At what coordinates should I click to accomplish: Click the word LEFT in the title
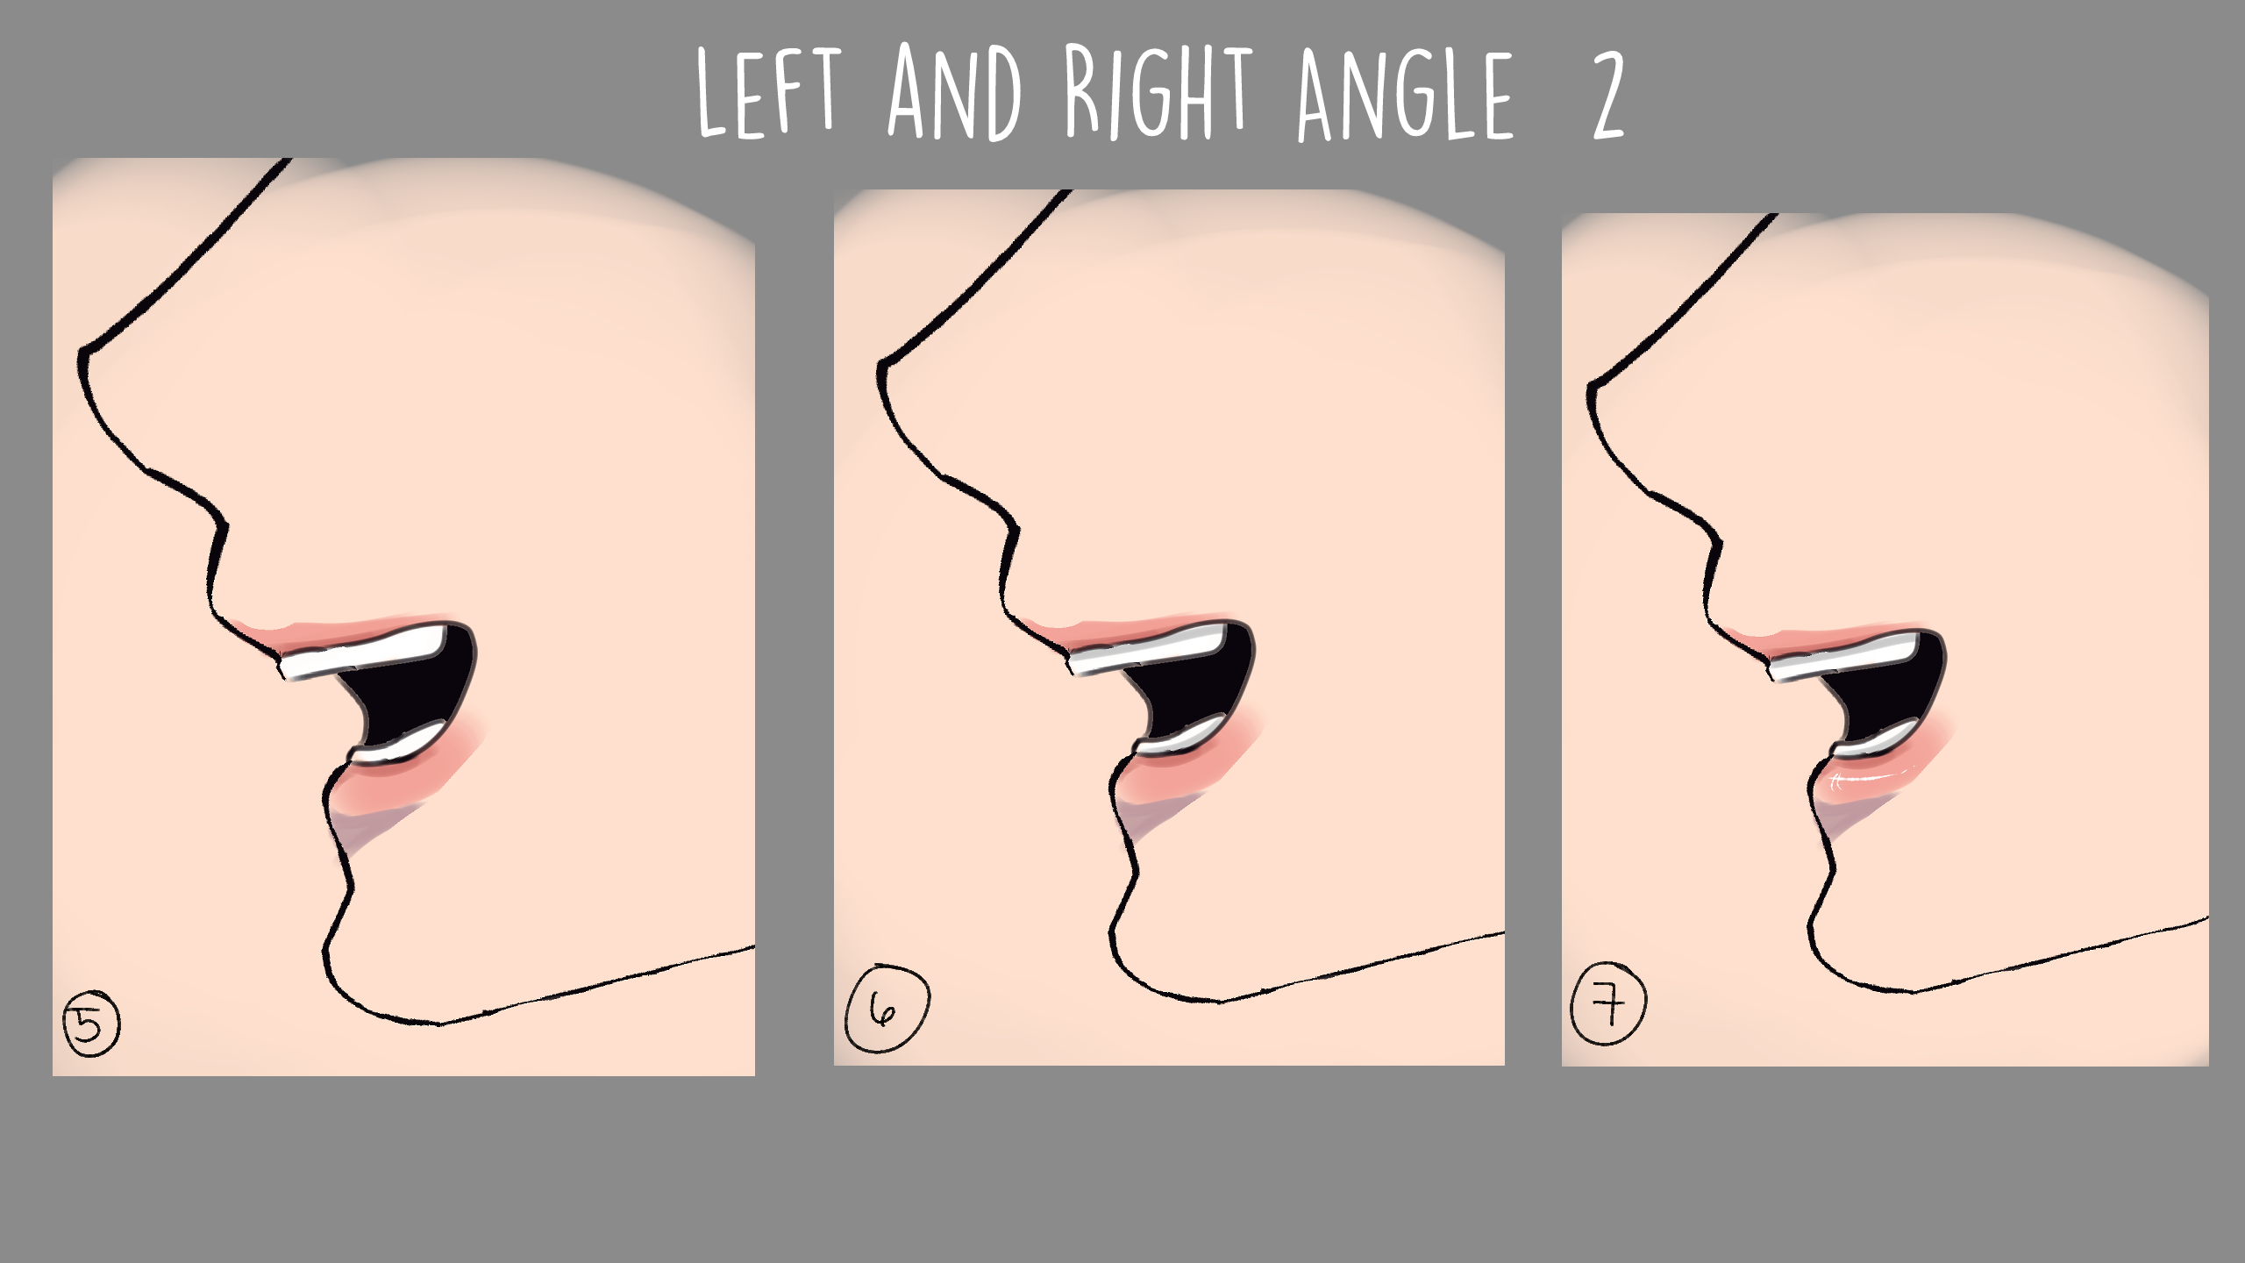point(769,91)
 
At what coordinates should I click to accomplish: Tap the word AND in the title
point(955,91)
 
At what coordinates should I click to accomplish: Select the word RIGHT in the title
point(1156,91)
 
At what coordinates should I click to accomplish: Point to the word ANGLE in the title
point(1406,93)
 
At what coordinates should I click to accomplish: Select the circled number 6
point(887,1009)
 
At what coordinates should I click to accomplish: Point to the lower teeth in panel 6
point(1180,738)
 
